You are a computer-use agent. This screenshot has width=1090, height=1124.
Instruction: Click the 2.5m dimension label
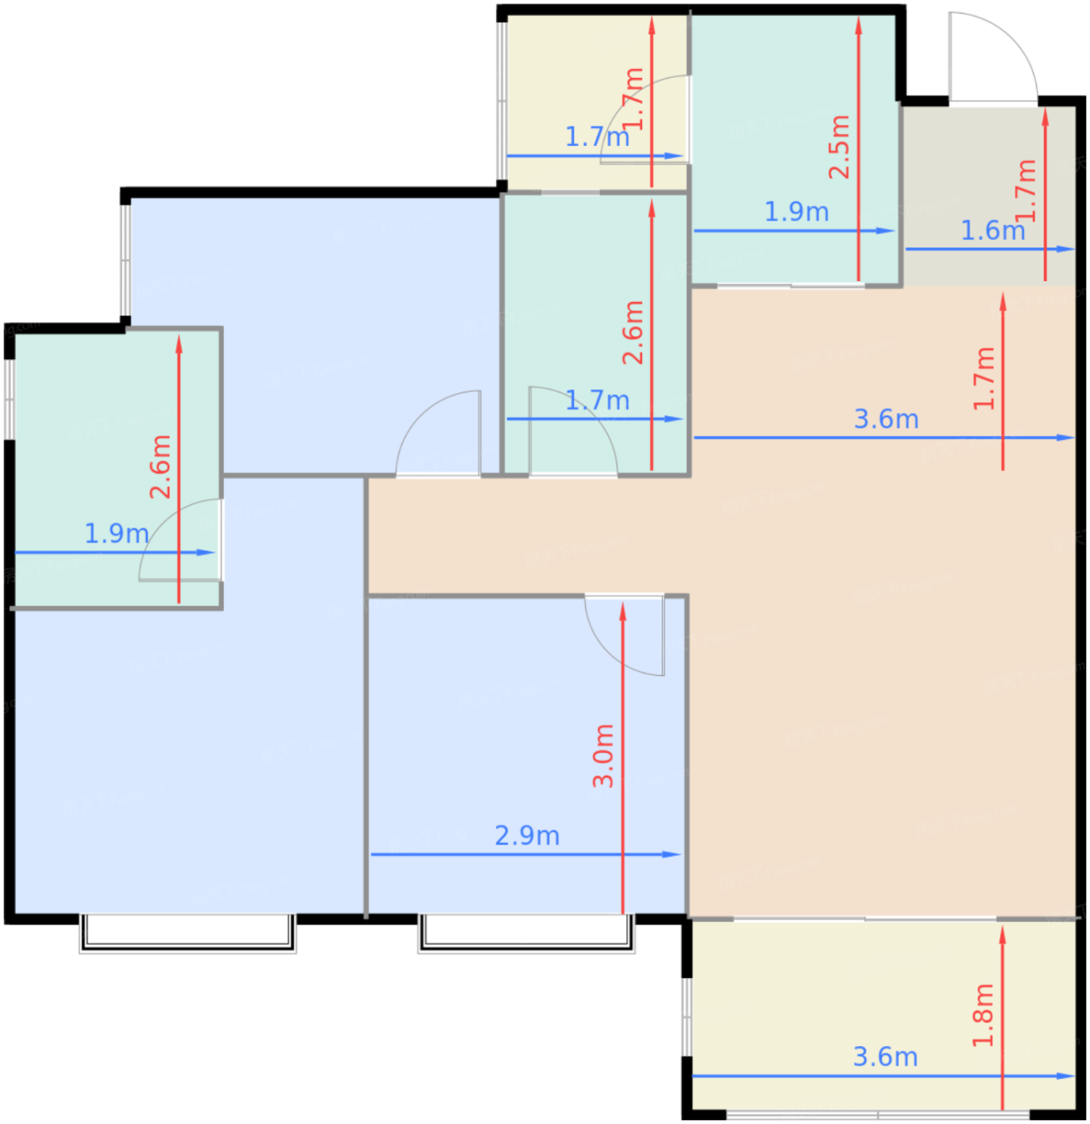point(840,147)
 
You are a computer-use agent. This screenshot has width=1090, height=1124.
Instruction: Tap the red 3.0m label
point(604,755)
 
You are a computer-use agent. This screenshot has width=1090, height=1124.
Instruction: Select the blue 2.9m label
point(527,836)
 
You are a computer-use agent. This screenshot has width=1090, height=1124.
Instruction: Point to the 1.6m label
point(992,230)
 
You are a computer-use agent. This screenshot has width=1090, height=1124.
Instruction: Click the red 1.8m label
point(983,1015)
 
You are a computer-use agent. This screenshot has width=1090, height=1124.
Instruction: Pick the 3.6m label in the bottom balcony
point(885,1057)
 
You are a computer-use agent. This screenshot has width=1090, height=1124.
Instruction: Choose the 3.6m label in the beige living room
point(886,419)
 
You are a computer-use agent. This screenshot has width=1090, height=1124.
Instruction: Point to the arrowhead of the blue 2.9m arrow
point(672,854)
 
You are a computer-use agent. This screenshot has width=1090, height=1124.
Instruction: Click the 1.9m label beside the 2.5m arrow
point(797,212)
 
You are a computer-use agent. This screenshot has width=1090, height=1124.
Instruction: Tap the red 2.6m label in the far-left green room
point(160,466)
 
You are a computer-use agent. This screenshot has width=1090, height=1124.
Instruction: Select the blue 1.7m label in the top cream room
point(597,137)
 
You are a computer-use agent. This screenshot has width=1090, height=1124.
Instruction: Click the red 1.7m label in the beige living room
point(984,379)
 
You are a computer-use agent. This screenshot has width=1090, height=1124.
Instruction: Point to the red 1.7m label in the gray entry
point(1026,190)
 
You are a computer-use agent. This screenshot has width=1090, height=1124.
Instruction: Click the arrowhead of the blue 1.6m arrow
point(1066,250)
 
